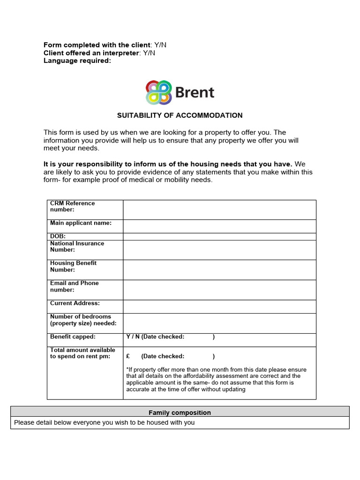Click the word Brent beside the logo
coord(194,92)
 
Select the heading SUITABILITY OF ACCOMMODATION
coord(180,115)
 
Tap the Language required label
coord(77,60)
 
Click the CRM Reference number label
coord(73,206)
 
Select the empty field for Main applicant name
coord(219,226)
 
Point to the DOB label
coord(58,236)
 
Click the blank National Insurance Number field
coord(219,250)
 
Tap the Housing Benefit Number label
coord(73,266)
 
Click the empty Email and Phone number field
coord(219,290)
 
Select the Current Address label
coord(75,303)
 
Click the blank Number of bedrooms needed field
coord(219,323)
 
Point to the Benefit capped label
coord(73,337)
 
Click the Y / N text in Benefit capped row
coord(133,337)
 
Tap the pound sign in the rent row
coord(128,356)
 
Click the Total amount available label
coord(82,353)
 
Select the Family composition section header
coord(180,412)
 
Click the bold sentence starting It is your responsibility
coord(168,164)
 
